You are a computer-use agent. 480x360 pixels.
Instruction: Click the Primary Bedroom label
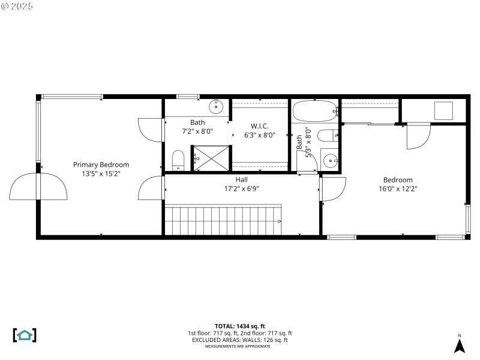point(101,164)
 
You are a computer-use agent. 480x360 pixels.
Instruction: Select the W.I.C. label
point(259,126)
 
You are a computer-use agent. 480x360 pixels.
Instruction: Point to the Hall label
point(241,179)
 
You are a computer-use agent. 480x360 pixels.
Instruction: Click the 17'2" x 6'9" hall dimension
point(241,188)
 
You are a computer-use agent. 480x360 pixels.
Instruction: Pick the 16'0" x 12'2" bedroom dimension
point(398,188)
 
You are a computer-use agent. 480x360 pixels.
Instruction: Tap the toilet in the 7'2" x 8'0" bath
point(178,160)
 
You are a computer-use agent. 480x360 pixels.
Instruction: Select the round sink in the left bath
point(216,107)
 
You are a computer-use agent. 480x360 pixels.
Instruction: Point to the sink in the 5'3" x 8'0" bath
point(329,161)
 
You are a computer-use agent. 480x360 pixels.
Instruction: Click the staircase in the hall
point(223,220)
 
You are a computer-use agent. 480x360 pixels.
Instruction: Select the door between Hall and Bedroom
point(331,189)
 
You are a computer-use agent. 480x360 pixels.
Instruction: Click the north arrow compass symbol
point(459,344)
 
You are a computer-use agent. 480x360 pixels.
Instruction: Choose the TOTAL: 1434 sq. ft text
point(240,326)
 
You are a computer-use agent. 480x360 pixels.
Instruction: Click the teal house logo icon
point(25,335)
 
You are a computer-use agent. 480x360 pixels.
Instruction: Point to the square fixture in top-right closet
point(443,110)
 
